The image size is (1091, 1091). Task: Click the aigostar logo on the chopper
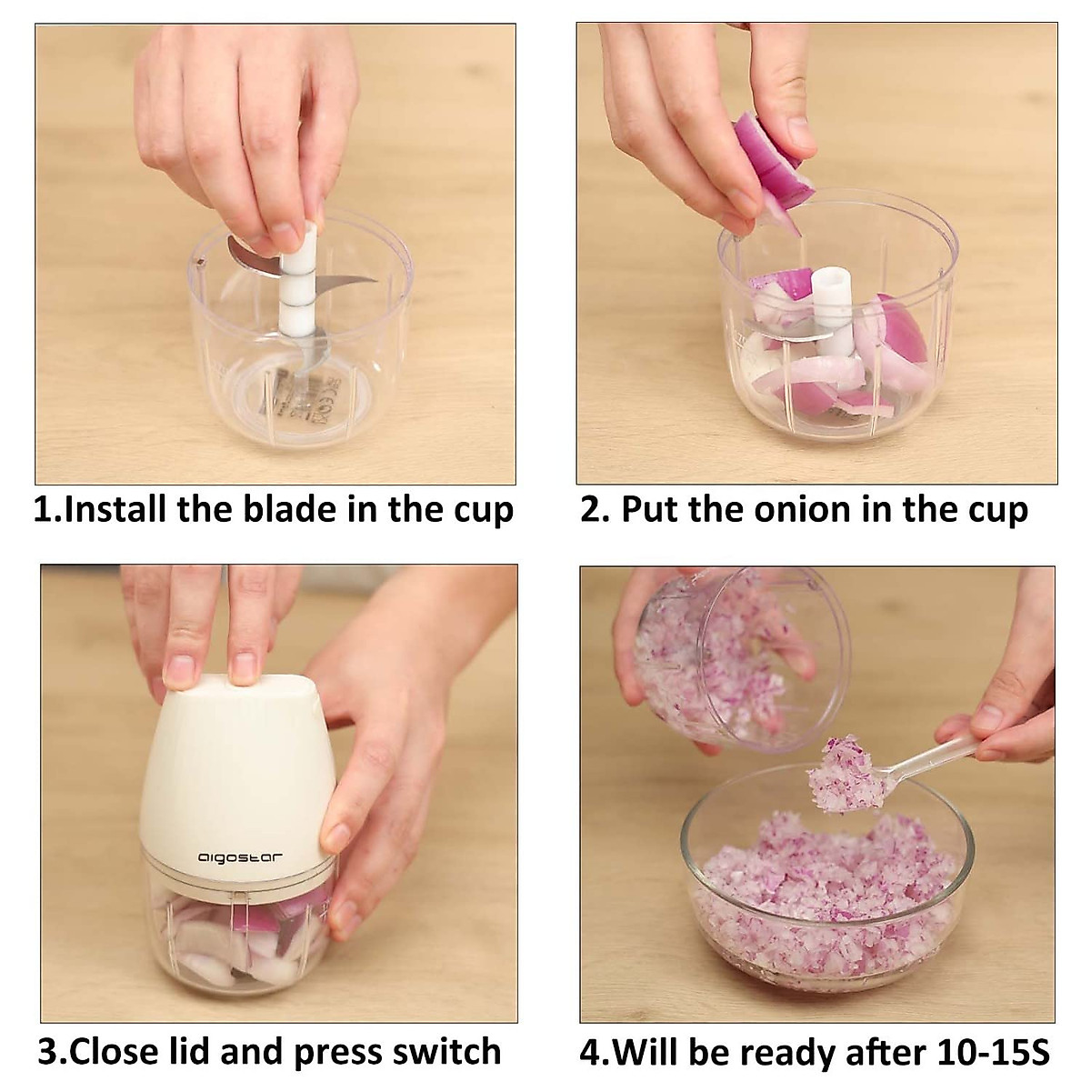pos(241,856)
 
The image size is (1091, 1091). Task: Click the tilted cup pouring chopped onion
pos(727,673)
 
